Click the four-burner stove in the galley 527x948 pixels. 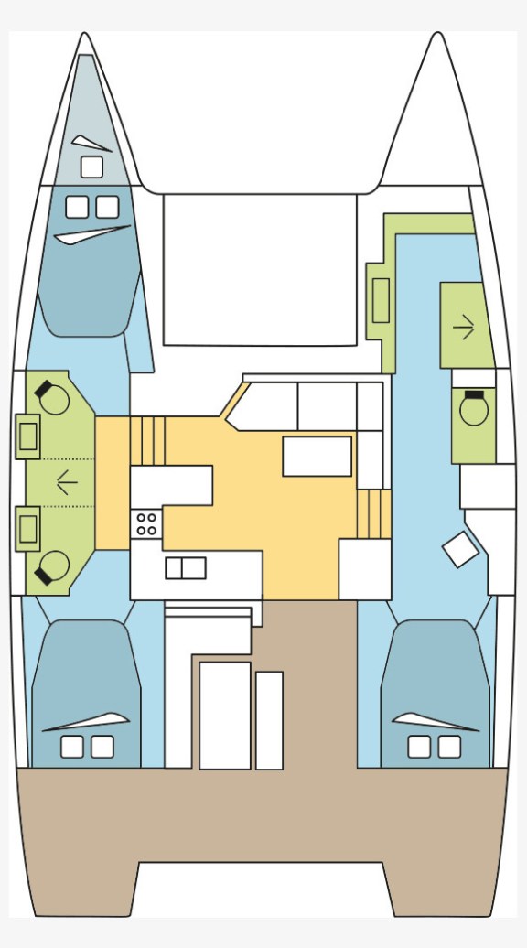(x=146, y=523)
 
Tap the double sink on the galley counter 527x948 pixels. (x=186, y=568)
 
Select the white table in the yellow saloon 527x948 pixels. (x=317, y=456)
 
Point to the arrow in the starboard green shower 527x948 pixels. (x=464, y=327)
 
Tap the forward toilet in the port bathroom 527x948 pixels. (x=53, y=399)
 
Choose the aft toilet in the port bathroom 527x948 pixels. (x=53, y=566)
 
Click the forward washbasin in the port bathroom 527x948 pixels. (x=27, y=436)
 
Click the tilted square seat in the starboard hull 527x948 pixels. (x=460, y=549)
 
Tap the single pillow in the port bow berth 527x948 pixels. (x=91, y=167)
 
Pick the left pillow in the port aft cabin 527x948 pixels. (x=72, y=747)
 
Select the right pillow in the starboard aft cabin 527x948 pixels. (x=449, y=747)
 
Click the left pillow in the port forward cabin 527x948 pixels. (x=78, y=207)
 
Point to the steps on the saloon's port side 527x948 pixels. (x=147, y=440)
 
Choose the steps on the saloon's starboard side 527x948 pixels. (x=373, y=513)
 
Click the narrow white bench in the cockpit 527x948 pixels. (x=269, y=720)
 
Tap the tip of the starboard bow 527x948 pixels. (x=438, y=37)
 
